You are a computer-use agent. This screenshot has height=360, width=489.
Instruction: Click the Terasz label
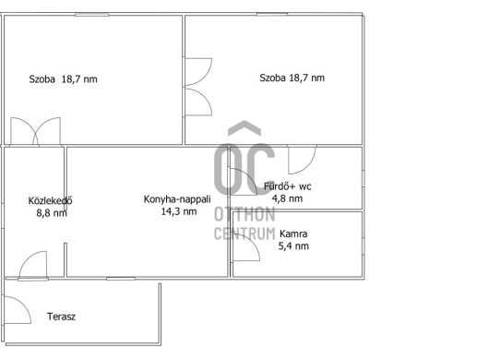[x=61, y=317]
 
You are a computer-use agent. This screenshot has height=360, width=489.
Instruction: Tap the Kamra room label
[x=293, y=234]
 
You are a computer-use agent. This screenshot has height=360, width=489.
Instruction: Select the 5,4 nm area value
[x=293, y=246]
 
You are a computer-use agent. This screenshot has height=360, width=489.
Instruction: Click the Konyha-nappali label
[x=177, y=199]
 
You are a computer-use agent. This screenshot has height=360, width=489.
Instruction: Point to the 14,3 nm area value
[x=179, y=211]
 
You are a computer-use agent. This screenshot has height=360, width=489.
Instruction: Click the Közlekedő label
[x=50, y=200]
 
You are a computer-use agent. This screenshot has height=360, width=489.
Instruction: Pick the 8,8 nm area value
[x=52, y=212]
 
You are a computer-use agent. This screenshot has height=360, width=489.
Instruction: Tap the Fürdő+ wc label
[x=288, y=186]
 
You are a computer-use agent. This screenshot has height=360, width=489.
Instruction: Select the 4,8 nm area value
[x=287, y=198]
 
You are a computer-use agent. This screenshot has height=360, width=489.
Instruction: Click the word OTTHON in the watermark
[x=244, y=214]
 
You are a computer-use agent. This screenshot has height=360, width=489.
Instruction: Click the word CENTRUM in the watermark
[x=244, y=234]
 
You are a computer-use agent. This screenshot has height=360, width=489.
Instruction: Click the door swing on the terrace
[x=18, y=309]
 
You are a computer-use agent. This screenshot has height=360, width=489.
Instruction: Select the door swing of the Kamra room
[x=246, y=247]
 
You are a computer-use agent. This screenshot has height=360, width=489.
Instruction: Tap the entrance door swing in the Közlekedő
[x=33, y=264]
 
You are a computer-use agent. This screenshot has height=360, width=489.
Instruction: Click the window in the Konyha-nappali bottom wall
[x=121, y=278]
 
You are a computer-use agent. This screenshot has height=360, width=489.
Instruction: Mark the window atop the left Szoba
[x=91, y=15]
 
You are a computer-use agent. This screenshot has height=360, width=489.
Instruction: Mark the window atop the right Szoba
[x=272, y=15]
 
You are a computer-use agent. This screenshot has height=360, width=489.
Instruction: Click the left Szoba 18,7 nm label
[x=63, y=79]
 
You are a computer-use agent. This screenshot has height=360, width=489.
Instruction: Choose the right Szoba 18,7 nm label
[x=292, y=78]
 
